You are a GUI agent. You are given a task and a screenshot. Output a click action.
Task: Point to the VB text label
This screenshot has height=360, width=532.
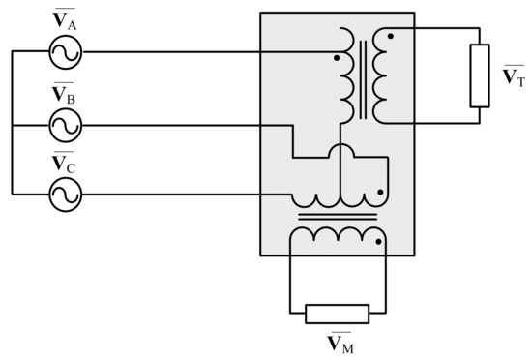coord(65,94)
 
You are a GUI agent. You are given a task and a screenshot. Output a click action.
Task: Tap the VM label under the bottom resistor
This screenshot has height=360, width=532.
coord(338,342)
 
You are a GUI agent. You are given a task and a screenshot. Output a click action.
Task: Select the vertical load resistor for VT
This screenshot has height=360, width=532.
coord(479,75)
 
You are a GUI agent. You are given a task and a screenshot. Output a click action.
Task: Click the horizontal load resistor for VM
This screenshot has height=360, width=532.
coord(338,313)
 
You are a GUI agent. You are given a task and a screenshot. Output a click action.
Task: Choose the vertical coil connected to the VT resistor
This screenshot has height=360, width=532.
coord(380,77)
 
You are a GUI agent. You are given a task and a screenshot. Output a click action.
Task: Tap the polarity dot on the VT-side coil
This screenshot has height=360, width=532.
coord(390,37)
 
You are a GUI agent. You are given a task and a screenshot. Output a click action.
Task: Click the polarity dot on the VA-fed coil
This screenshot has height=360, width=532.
coord(336,58)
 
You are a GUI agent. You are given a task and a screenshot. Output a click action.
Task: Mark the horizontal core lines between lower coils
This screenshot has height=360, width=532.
coord(337,217)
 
